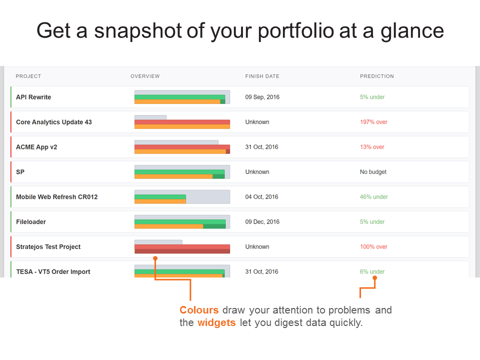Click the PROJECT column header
(28, 76)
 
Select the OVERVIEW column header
(145, 76)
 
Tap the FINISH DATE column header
(262, 76)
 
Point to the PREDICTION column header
(376, 76)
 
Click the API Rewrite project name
(33, 97)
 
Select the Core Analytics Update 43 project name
(54, 122)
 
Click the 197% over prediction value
(373, 122)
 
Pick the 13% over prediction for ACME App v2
(372, 147)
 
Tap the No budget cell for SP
(373, 172)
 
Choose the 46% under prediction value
(373, 197)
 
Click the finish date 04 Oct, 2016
(261, 197)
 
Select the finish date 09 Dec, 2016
(262, 222)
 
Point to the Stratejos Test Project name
(48, 247)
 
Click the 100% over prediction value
(373, 247)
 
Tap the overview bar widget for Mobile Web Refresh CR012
(182, 197)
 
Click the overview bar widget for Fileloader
(182, 222)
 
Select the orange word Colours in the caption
(199, 310)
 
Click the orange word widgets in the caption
(216, 322)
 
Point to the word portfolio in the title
(296, 31)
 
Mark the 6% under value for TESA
(372, 272)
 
